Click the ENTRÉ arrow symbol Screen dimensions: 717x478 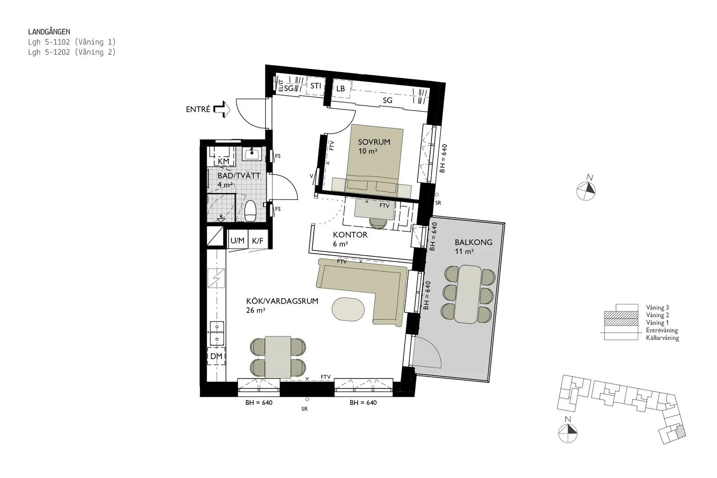coord(222,109)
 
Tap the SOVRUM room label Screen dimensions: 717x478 coord(374,142)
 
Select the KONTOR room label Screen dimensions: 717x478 coord(350,235)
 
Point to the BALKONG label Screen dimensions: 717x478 coord(473,242)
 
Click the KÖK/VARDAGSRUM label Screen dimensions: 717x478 coord(282,301)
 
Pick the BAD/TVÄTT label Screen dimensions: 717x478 coord(239,176)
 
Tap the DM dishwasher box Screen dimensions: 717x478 coord(216,356)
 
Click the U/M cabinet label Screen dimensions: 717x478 coord(237,241)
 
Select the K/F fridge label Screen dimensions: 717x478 coord(257,241)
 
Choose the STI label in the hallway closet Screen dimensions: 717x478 coord(315,86)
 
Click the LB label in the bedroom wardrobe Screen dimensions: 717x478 coord(340,88)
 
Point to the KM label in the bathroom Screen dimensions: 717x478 coord(224,161)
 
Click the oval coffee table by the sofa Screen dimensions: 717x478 coord(348,309)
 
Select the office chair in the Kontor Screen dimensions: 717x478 coord(378,223)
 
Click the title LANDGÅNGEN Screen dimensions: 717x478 coord(49,32)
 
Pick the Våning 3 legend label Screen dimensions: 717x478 coord(657,308)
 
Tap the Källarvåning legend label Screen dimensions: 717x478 coord(662,338)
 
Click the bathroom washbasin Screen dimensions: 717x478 coord(252,154)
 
